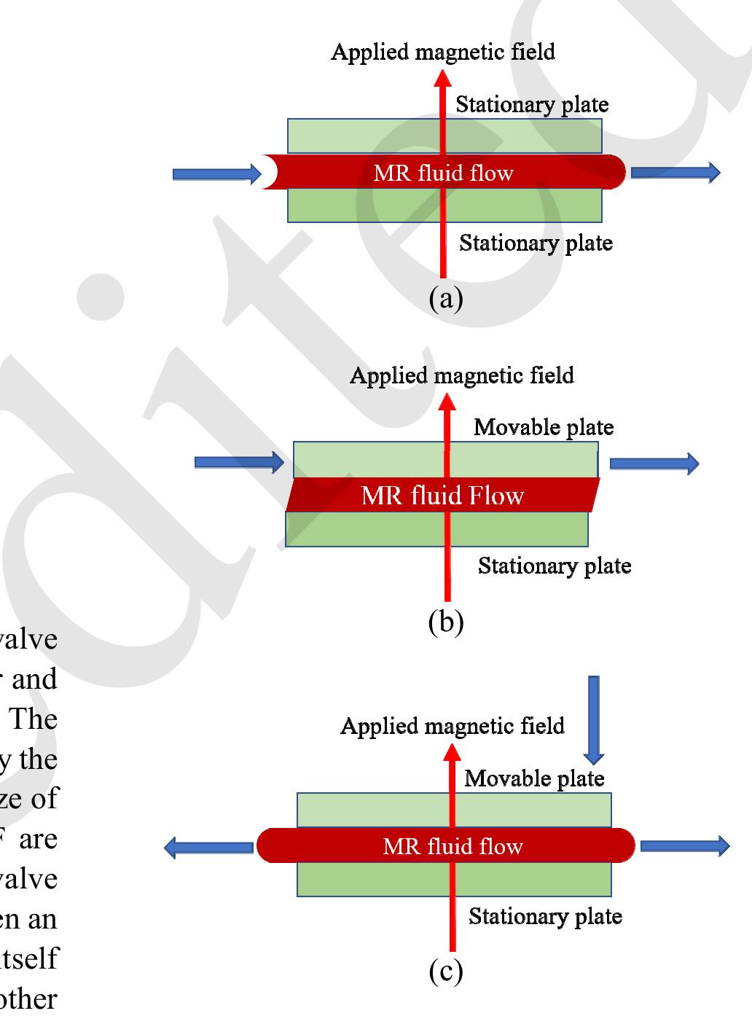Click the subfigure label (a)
pyautogui.click(x=446, y=298)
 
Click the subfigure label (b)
pyautogui.click(x=446, y=621)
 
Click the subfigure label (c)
pyautogui.click(x=446, y=971)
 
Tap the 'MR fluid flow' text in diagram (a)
pyautogui.click(x=443, y=173)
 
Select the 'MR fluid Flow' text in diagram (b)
pyautogui.click(x=442, y=496)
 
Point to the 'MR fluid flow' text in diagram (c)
pyautogui.click(x=453, y=846)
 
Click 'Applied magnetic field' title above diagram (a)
pyautogui.click(x=443, y=52)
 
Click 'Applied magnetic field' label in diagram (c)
pyautogui.click(x=453, y=726)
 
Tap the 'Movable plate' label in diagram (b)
pyautogui.click(x=544, y=427)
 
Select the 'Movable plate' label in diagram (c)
pyautogui.click(x=534, y=778)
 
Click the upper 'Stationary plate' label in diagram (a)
pyautogui.click(x=532, y=104)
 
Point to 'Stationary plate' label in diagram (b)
pyautogui.click(x=555, y=566)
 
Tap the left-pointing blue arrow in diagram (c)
pyautogui.click(x=210, y=847)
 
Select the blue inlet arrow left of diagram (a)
pyautogui.click(x=216, y=173)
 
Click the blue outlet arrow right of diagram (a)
pyautogui.click(x=675, y=173)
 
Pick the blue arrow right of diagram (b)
pyautogui.click(x=654, y=463)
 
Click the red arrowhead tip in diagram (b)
pyautogui.click(x=447, y=401)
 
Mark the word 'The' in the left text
pyautogui.click(x=34, y=719)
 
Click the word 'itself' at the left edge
pyautogui.click(x=29, y=958)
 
